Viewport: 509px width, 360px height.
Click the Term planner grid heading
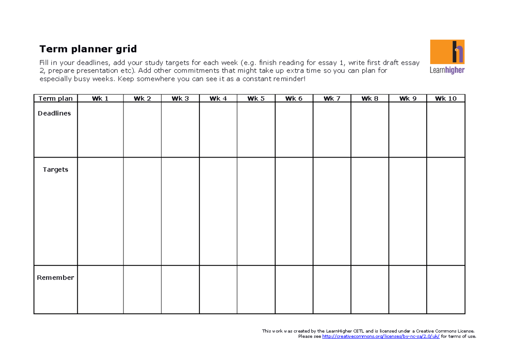pos(88,49)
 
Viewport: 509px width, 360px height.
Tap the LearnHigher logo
pos(447,56)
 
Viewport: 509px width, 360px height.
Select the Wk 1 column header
pos(100,98)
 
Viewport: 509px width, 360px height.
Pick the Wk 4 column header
pos(218,98)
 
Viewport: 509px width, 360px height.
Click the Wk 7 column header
pos(332,98)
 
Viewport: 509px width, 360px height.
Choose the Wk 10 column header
pos(446,98)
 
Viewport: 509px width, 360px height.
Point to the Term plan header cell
pos(56,98)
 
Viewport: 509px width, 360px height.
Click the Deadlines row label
pos(54,113)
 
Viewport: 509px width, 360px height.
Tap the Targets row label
pos(56,169)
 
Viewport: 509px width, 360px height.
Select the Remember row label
pos(56,278)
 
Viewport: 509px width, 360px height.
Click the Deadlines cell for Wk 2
pos(142,130)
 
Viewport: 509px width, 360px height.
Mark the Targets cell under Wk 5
pos(256,211)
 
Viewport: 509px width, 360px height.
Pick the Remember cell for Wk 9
pos(408,290)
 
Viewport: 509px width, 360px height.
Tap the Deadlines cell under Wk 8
pos(370,130)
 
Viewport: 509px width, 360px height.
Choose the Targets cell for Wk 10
pos(446,211)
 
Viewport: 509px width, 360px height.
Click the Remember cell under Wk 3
pos(180,290)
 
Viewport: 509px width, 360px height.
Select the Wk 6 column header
pos(294,98)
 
